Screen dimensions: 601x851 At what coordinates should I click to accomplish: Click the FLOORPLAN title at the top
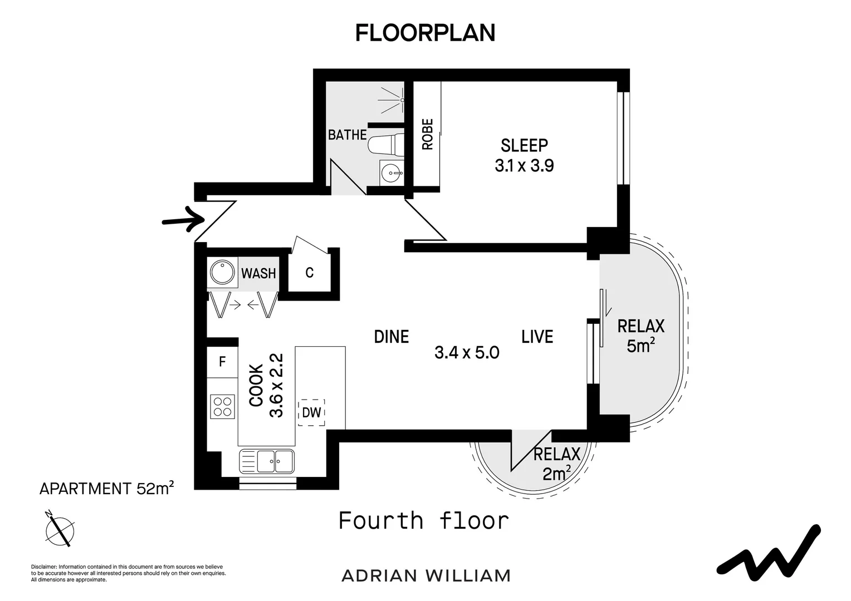pyautogui.click(x=425, y=33)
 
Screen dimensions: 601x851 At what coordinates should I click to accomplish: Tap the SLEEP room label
pyautogui.click(x=524, y=146)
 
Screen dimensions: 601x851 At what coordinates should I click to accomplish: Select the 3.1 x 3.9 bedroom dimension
pyautogui.click(x=524, y=166)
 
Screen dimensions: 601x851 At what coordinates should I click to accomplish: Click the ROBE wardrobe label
pyautogui.click(x=428, y=134)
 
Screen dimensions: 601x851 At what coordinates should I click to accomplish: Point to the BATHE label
pyautogui.click(x=347, y=135)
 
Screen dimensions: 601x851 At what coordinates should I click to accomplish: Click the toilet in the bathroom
pyautogui.click(x=385, y=146)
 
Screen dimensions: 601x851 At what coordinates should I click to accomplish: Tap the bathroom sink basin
pyautogui.click(x=392, y=173)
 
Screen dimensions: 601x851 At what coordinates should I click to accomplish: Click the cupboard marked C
pyautogui.click(x=310, y=273)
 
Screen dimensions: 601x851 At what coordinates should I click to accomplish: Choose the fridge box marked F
pyautogui.click(x=222, y=362)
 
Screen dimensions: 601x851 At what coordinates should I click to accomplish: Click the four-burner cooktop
pyautogui.click(x=222, y=406)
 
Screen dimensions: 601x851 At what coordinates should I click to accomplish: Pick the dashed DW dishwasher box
pyautogui.click(x=311, y=412)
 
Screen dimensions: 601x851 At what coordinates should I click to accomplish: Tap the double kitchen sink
pyautogui.click(x=267, y=461)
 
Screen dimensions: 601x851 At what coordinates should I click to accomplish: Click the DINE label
pyautogui.click(x=391, y=337)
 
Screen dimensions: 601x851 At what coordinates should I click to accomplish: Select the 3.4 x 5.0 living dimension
pyautogui.click(x=467, y=352)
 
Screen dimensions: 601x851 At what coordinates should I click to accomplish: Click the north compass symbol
pyautogui.click(x=60, y=529)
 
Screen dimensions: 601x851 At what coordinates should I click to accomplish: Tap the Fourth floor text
pyautogui.click(x=424, y=521)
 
